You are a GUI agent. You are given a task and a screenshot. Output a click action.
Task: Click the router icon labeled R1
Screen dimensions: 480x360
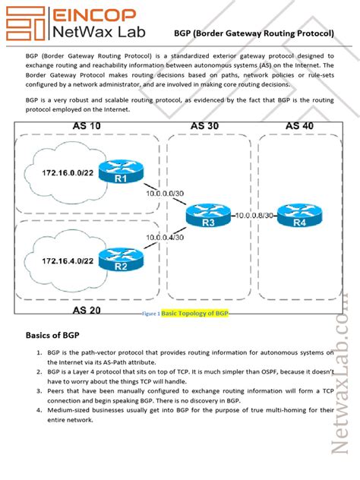click(x=121, y=173)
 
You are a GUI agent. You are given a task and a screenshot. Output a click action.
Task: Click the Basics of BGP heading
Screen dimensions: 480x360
click(x=58, y=334)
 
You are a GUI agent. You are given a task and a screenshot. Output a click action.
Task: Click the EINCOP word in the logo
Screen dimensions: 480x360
click(x=93, y=15)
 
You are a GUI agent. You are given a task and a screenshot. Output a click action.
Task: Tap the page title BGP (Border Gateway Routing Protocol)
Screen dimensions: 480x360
click(x=254, y=33)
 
